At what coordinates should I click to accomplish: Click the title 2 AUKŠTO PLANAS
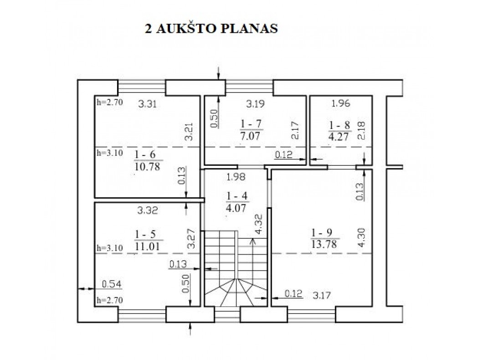point(211,28)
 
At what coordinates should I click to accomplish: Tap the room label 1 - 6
point(145,154)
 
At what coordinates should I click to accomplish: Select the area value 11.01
point(147,246)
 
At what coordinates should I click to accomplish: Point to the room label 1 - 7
point(251,124)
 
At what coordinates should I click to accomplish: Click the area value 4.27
point(339,136)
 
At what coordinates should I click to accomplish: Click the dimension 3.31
point(147,104)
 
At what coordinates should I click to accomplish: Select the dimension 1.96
point(341,103)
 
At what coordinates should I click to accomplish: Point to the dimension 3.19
point(256,103)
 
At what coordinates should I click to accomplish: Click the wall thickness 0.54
point(112,284)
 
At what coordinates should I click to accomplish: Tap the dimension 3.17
point(322,295)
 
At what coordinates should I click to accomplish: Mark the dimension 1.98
point(236,177)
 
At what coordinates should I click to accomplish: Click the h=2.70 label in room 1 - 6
point(110,102)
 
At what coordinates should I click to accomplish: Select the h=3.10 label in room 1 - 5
point(110,248)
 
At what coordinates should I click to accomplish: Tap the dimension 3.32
point(147,211)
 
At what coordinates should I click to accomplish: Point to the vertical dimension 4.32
point(258,224)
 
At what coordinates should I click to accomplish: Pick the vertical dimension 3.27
point(191,238)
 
